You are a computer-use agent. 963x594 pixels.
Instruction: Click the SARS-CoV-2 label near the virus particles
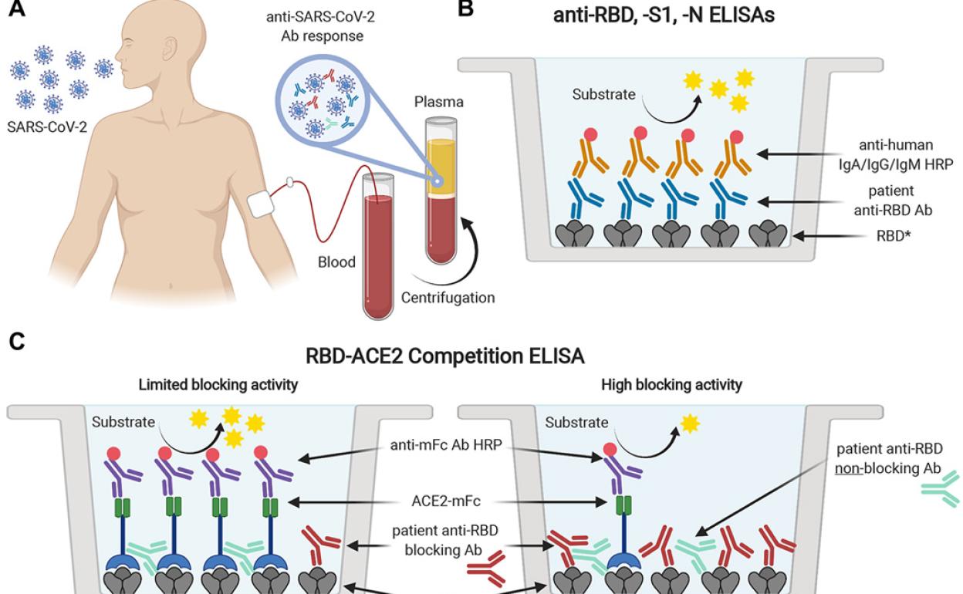pos(47,126)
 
